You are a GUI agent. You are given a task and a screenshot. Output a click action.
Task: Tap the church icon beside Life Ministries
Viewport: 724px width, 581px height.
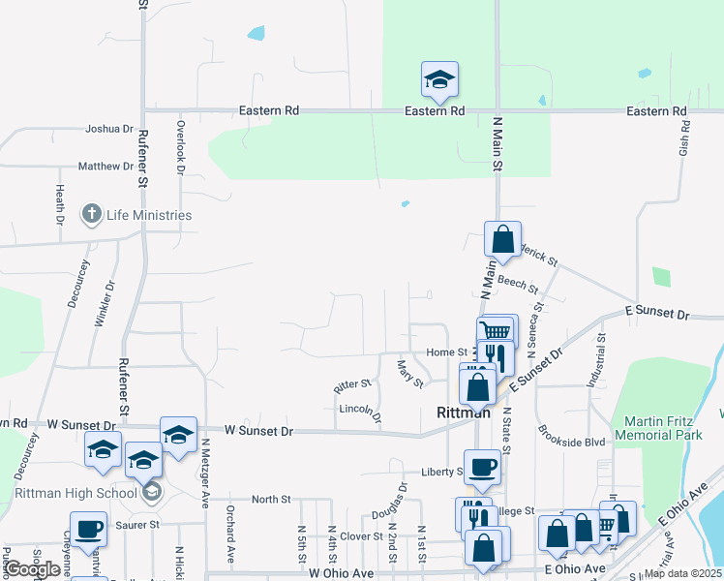tap(92, 214)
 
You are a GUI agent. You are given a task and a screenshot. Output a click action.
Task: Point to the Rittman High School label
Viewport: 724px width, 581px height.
tap(76, 493)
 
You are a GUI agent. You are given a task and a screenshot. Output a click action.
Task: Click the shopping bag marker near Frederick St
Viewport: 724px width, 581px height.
tap(503, 238)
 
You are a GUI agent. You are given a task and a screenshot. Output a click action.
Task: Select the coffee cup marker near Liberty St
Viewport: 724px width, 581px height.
tap(482, 466)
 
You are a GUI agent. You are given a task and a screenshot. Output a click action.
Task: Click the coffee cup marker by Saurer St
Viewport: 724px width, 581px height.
tap(89, 530)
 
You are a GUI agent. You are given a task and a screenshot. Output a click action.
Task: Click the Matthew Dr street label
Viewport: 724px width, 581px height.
tap(106, 167)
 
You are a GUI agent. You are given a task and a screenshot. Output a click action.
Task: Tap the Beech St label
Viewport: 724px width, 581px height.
tap(518, 285)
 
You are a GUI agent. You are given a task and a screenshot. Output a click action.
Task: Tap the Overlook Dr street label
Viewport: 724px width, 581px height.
tap(180, 147)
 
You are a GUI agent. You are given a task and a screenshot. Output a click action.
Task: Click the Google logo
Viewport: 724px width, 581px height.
tap(32, 569)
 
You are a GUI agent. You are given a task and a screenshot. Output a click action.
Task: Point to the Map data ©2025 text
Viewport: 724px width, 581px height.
tap(683, 573)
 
